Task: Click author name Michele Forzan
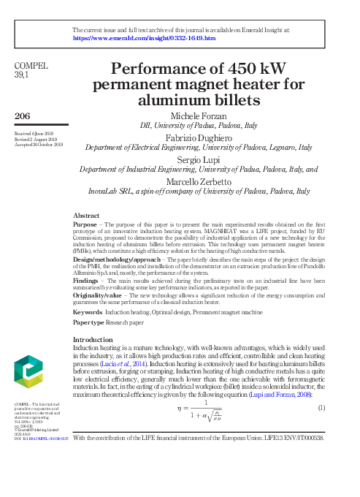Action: pyautogui.click(x=198, y=117)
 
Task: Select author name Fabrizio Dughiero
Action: pyautogui.click(x=199, y=137)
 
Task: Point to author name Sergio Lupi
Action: pyautogui.click(x=198, y=159)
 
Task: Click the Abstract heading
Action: pyautogui.click(x=86, y=216)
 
